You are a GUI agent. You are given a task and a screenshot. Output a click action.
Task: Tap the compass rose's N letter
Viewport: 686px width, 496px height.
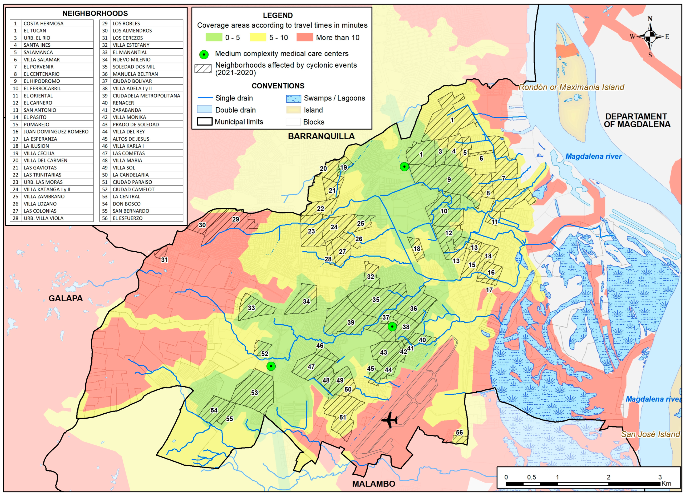coord(650,19)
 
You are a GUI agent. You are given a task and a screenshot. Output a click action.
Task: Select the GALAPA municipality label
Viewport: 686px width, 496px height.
coord(66,298)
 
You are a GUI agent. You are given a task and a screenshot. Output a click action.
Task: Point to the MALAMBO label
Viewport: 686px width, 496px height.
coord(373,484)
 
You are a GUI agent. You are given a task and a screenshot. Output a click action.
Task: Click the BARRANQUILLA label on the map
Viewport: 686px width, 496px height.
coord(321,136)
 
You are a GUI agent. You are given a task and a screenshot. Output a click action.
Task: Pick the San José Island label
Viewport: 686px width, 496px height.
coord(650,434)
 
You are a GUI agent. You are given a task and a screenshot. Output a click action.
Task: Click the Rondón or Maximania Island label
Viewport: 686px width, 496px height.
coord(571,87)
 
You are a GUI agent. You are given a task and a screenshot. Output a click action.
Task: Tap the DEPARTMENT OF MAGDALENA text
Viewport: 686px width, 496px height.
coord(637,120)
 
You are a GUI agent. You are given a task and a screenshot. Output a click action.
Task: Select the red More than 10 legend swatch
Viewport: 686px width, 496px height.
coord(304,37)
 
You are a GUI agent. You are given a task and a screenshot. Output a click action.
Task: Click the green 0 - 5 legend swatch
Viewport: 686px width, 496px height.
coord(214,37)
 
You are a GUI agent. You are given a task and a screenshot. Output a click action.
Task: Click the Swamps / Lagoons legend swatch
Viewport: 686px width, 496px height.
coord(293,99)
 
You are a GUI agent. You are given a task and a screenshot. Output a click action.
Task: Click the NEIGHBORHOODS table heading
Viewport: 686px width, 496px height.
coord(95,13)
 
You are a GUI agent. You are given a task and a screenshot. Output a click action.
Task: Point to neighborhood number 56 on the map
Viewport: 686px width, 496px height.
coord(459,432)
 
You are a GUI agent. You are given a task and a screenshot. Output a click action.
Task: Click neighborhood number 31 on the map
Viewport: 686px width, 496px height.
coord(164,260)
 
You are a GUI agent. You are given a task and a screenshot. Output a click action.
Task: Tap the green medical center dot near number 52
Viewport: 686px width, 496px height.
coord(271,366)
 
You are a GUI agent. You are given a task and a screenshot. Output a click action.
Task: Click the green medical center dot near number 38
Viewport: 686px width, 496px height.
coord(392,327)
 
